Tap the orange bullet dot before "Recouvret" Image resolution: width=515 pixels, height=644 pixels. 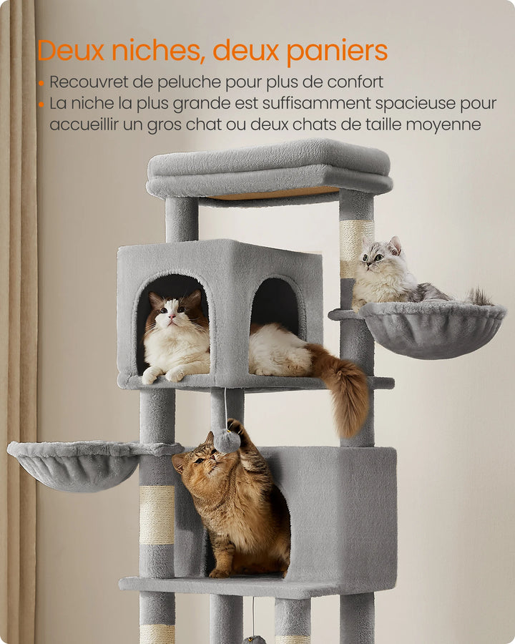[41, 83]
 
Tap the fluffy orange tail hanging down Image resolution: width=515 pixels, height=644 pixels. [345, 390]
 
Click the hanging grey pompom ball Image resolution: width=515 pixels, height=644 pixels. [227, 441]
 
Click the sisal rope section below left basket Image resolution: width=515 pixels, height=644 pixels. [157, 514]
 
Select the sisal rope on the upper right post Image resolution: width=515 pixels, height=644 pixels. [355, 244]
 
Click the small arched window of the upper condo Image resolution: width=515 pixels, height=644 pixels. [275, 305]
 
